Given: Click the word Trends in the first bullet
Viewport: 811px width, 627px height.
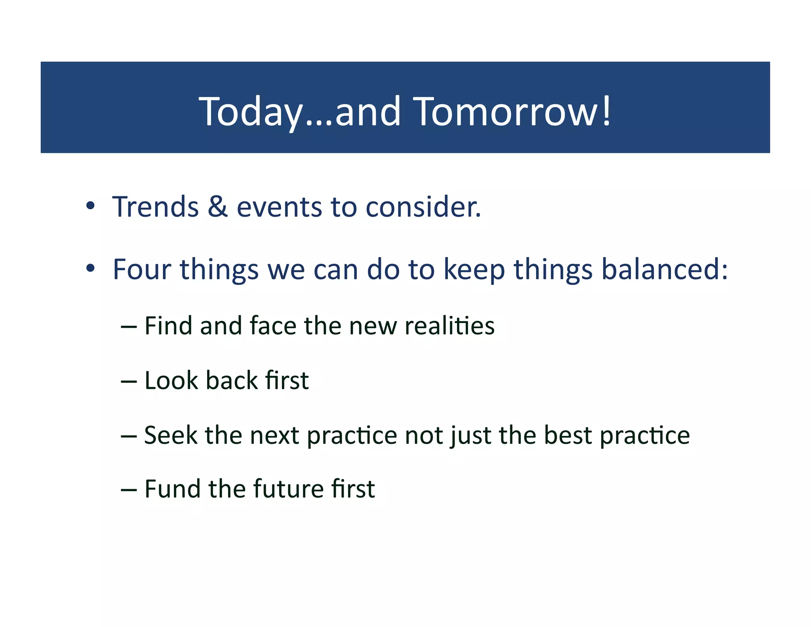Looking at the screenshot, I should coord(155,207).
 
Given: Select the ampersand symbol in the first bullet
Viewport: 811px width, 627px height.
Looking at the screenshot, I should coord(217,207).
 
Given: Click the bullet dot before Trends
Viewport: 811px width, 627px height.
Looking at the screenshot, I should coord(90,206).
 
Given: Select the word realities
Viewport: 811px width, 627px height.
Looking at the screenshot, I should coord(449,326).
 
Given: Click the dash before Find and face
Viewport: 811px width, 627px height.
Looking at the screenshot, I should coord(129,327).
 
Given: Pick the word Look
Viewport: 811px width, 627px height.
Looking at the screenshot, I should coord(171,380).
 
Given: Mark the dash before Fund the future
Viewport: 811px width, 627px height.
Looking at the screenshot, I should coord(129,490).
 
